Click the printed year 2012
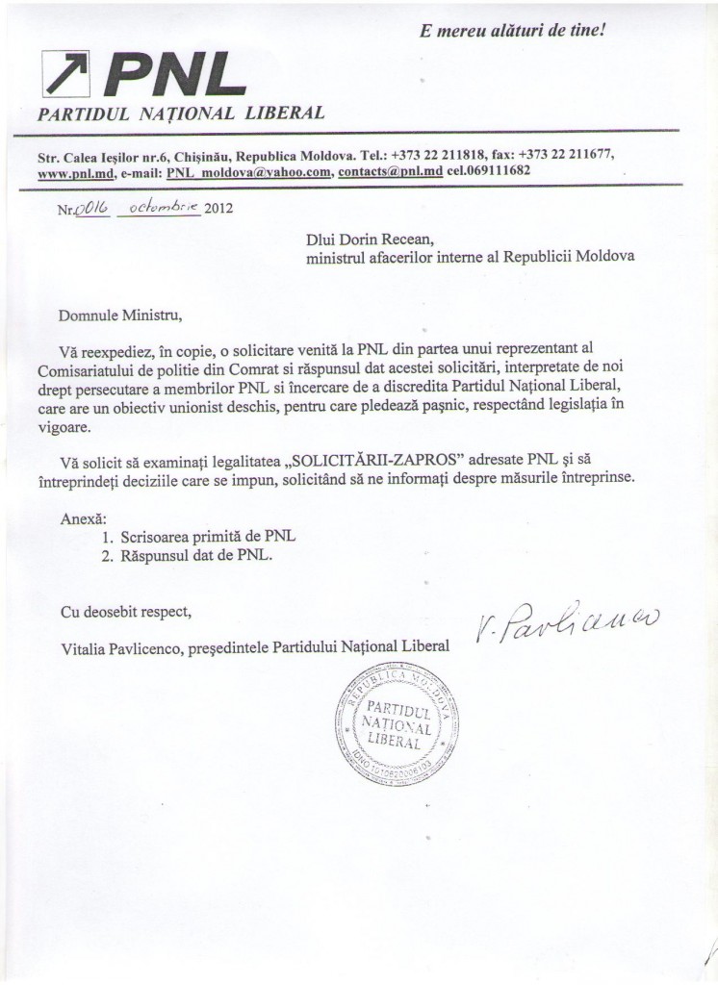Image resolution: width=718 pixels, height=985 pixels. [x=218, y=211]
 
